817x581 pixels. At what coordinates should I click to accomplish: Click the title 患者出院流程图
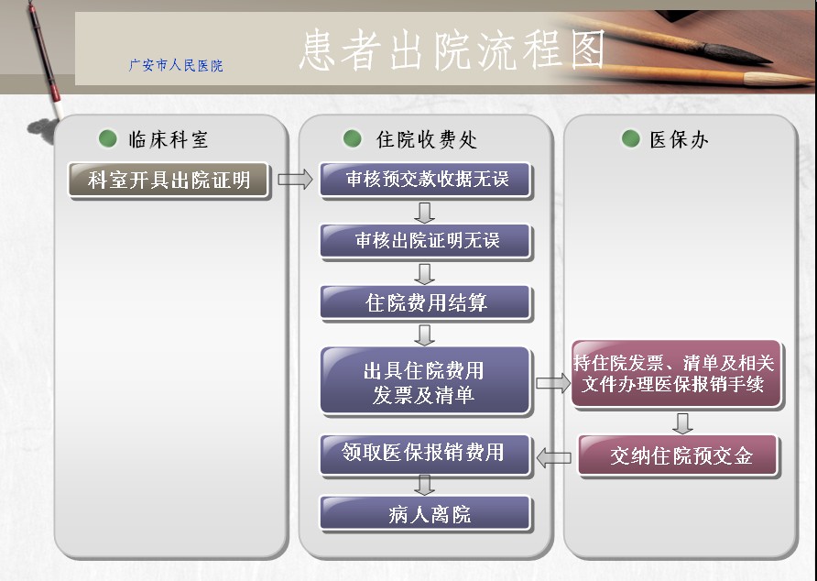click(x=452, y=49)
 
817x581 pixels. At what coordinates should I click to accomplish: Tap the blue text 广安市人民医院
click(x=176, y=65)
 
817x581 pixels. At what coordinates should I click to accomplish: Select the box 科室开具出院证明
click(x=169, y=180)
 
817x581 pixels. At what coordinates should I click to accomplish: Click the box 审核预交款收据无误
click(x=426, y=180)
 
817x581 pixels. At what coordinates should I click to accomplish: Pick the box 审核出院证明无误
click(x=426, y=241)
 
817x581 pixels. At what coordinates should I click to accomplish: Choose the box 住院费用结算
click(x=426, y=302)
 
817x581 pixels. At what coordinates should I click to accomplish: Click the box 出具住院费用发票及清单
click(x=425, y=381)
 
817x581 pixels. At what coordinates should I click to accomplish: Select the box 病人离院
click(x=426, y=514)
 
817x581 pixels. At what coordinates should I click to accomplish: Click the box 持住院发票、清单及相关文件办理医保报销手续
click(x=676, y=373)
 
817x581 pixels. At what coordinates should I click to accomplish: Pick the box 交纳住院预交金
click(x=679, y=455)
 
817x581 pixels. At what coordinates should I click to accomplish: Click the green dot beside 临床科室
click(x=108, y=138)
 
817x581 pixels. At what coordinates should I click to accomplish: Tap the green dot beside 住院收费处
click(x=353, y=138)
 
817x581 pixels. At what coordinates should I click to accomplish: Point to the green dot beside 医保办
click(x=630, y=138)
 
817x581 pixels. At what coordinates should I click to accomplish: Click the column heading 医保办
click(x=679, y=140)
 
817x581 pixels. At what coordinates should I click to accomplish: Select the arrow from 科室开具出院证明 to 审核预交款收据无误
click(x=295, y=180)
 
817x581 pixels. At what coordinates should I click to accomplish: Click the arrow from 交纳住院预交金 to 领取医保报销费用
click(x=553, y=458)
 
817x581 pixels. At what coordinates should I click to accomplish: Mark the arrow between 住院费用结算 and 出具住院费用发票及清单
click(x=425, y=334)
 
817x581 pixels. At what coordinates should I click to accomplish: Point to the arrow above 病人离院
click(x=425, y=485)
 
